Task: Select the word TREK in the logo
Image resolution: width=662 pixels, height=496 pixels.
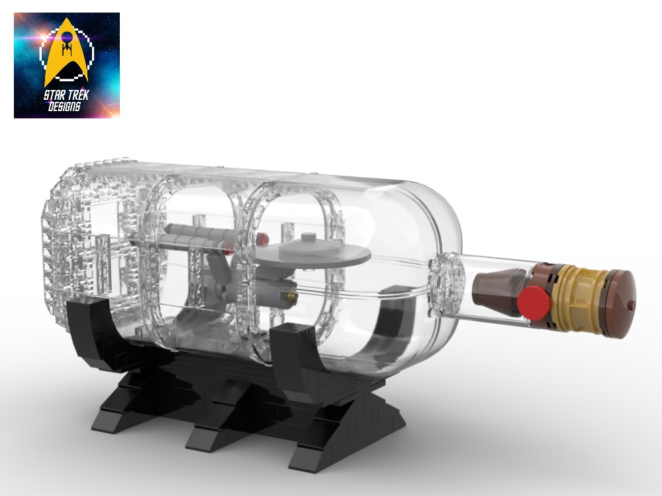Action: click(78, 96)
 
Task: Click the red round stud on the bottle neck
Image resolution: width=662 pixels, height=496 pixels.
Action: click(534, 302)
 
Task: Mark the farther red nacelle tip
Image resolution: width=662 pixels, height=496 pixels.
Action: click(264, 236)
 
